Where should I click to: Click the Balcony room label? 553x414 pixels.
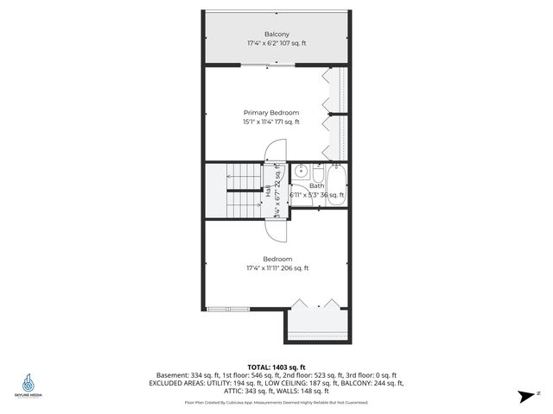click(x=276, y=34)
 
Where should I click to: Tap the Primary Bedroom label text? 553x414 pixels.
click(x=271, y=113)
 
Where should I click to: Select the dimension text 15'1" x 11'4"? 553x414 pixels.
click(x=259, y=122)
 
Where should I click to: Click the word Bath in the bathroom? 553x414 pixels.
click(x=317, y=185)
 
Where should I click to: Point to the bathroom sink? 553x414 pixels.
click(x=296, y=170)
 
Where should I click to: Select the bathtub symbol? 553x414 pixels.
click(x=336, y=183)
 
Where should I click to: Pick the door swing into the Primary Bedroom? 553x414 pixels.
click(x=275, y=151)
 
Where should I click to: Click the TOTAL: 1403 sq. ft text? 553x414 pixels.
click(x=276, y=367)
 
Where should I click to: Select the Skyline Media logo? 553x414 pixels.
click(x=29, y=385)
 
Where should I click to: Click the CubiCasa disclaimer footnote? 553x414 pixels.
click(x=276, y=402)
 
